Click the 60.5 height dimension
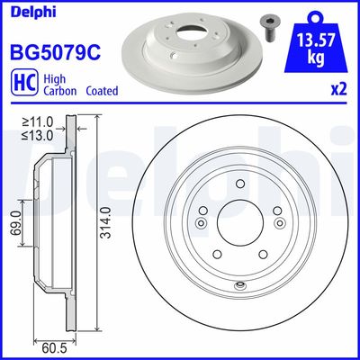(56, 344)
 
